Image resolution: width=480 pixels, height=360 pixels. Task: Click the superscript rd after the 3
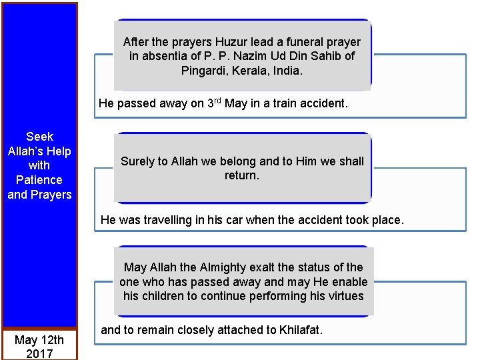pyautogui.click(x=216, y=101)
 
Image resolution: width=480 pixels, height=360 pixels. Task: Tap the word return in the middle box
pyautogui.click(x=241, y=175)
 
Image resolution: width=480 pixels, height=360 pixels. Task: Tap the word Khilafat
pyautogui.click(x=294, y=330)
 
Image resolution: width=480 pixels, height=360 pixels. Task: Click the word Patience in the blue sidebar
pyautogui.click(x=39, y=180)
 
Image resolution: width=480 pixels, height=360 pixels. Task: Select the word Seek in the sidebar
pyautogui.click(x=39, y=137)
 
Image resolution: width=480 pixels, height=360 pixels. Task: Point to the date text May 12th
pyautogui.click(x=39, y=341)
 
